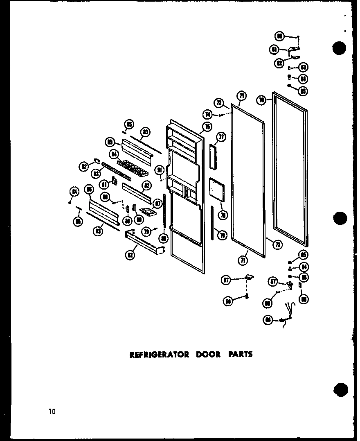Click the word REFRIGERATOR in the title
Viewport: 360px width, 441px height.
point(159,354)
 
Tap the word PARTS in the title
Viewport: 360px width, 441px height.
point(241,354)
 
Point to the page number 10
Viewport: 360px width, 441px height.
point(52,411)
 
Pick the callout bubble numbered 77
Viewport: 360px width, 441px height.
point(221,137)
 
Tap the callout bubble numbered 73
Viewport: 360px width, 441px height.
point(277,245)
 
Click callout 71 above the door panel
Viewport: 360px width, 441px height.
point(242,96)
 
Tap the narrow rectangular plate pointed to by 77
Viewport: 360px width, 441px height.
point(212,156)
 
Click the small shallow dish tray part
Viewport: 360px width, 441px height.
point(148,211)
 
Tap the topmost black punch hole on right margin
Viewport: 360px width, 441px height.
point(340,48)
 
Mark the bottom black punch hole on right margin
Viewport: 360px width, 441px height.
point(340,389)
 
